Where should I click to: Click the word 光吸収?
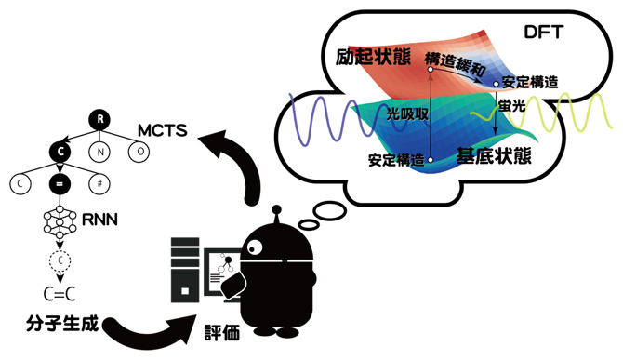[x=405, y=113]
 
